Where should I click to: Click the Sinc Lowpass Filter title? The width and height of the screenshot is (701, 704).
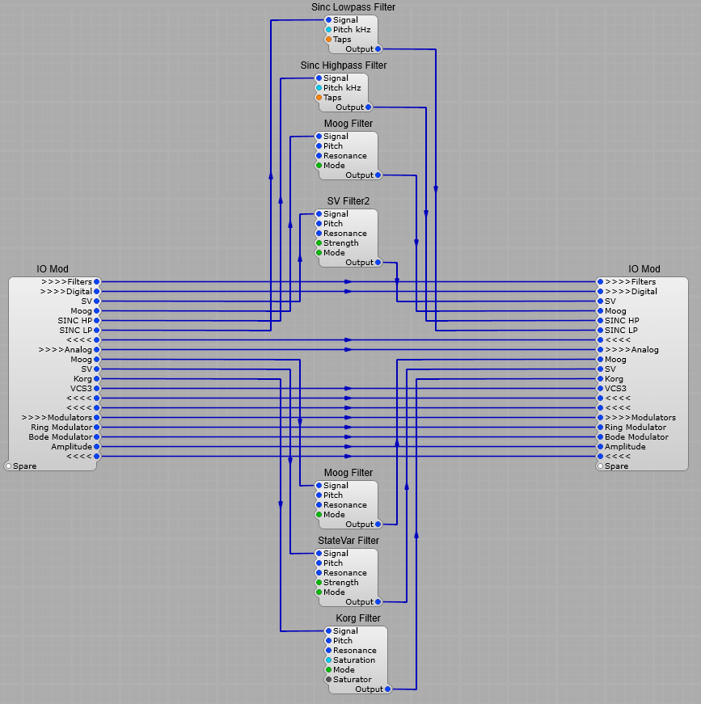353,7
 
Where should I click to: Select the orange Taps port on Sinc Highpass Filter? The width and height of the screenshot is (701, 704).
319,98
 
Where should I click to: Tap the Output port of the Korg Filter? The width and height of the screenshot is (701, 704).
388,689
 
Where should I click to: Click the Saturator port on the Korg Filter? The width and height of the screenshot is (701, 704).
328,680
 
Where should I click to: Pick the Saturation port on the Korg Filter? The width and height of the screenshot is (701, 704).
328,660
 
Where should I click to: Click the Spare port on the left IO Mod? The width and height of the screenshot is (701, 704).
8,466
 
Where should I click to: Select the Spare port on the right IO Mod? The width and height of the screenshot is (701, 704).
600,466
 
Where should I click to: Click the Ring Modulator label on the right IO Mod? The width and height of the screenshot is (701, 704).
636,428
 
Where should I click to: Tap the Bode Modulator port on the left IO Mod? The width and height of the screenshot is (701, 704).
96,437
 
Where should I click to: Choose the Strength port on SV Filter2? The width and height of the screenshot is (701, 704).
319,243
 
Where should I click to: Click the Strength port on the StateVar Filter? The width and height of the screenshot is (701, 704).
319,583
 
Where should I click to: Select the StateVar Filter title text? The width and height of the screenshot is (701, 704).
348,541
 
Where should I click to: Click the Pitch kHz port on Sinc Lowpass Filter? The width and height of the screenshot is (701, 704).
328,30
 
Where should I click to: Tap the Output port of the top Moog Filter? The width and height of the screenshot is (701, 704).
378,175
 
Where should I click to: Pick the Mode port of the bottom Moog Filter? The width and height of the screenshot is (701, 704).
319,515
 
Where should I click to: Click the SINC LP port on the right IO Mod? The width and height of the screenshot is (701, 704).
600,331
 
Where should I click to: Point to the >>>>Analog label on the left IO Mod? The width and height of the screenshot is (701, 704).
65,350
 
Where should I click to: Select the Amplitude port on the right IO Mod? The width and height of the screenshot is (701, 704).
600,447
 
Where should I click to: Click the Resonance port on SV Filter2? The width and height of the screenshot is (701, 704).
319,234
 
